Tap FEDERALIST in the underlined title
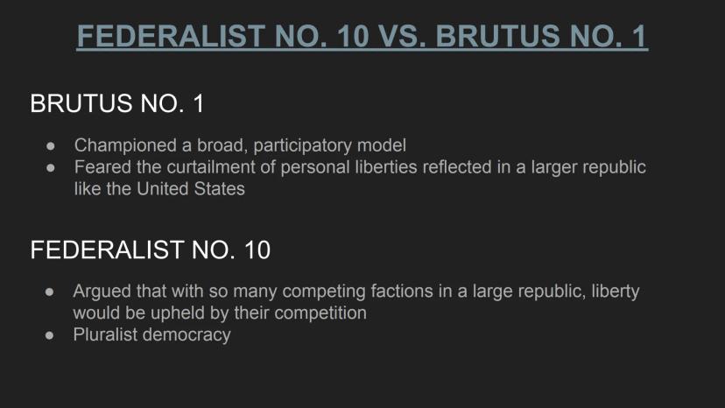[170, 36]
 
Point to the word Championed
[125, 145]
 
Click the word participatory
[303, 145]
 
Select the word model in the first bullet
[382, 145]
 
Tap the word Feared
[102, 167]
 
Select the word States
[220, 189]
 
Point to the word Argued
[102, 292]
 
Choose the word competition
[320, 313]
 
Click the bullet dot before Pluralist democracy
[50, 335]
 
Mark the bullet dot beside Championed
[51, 146]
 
